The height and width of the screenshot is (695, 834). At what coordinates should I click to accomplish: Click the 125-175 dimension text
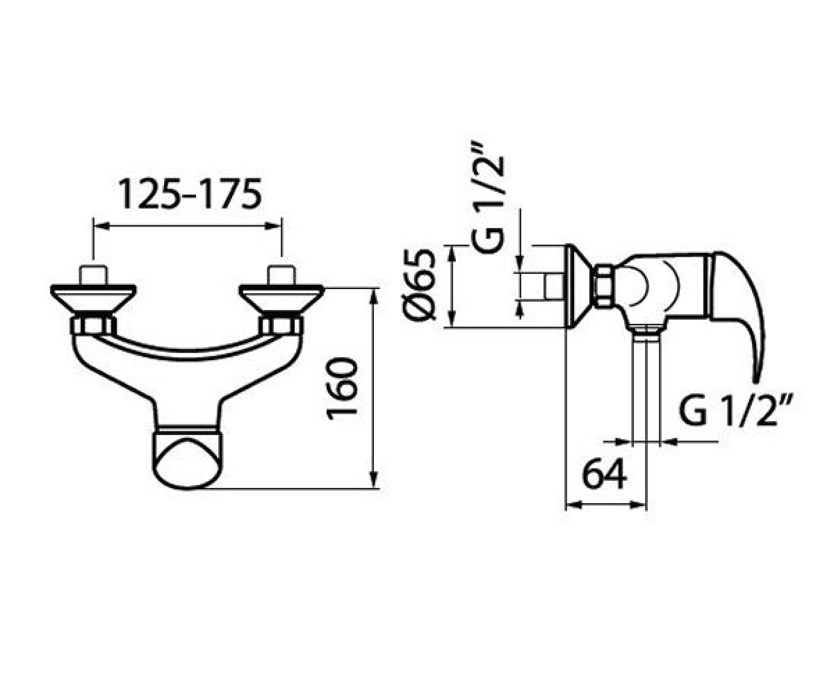(x=190, y=194)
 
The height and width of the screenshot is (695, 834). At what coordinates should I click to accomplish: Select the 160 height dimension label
(x=341, y=389)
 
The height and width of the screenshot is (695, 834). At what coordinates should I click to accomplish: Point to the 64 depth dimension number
(x=605, y=474)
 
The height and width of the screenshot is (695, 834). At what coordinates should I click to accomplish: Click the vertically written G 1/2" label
(x=489, y=197)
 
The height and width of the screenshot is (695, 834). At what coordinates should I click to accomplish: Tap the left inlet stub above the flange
(x=93, y=275)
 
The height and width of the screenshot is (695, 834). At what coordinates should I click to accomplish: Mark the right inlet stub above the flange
(x=281, y=275)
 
